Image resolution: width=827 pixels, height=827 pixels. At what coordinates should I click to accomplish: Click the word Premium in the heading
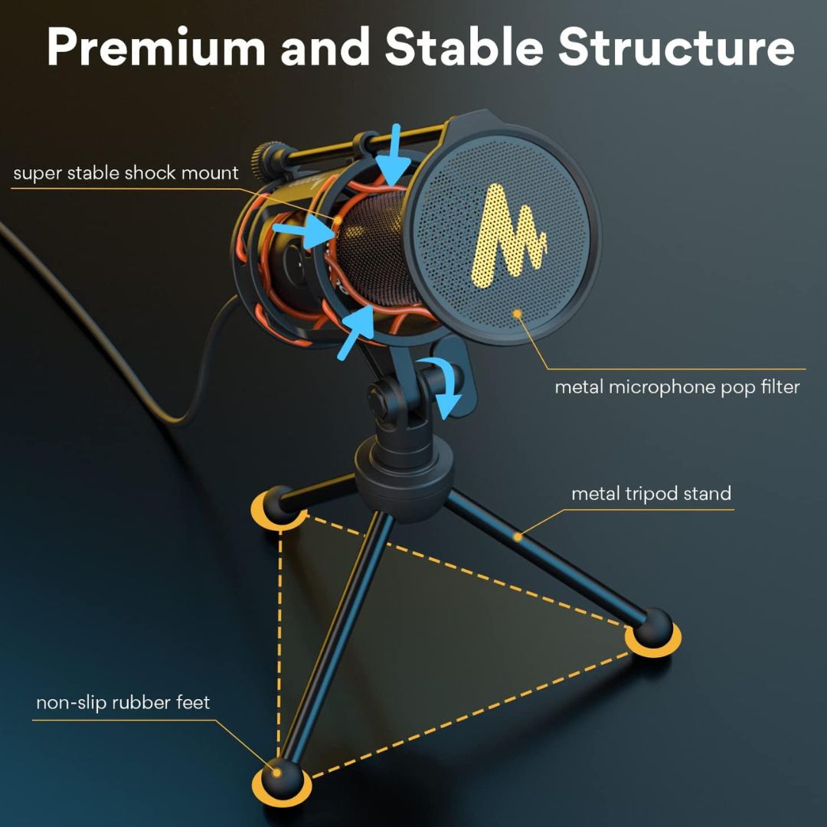[156, 47]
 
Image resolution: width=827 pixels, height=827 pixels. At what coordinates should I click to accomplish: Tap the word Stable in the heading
[464, 47]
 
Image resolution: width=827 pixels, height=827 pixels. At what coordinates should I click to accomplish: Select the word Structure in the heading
[677, 47]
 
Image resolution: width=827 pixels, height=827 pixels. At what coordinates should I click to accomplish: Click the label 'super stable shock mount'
[126, 173]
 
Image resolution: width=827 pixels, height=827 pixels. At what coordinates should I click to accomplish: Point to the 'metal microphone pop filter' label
[677, 387]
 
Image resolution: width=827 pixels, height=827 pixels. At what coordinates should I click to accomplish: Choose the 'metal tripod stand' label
[652, 494]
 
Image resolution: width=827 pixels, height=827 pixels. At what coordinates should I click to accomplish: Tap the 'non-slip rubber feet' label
[123, 702]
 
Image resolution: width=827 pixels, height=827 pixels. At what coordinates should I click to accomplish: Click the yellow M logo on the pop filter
[508, 236]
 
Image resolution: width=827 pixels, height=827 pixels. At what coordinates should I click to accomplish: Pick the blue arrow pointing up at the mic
[355, 333]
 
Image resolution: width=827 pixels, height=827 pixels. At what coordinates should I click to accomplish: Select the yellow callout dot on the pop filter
[518, 314]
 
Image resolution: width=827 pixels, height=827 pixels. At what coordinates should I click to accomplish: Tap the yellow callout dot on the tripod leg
[518, 537]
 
